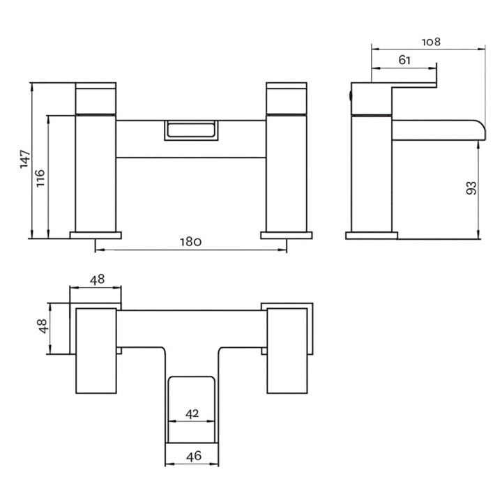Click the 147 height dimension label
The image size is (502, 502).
25,159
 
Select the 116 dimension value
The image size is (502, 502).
40,178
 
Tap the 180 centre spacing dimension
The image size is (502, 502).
190,242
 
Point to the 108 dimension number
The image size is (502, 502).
432,42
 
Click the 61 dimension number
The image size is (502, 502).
404,60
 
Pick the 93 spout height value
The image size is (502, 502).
471,188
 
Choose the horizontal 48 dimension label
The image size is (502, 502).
97,280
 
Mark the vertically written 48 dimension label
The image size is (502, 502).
43,326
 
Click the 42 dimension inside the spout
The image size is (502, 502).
192,413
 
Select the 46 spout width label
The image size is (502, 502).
194,455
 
